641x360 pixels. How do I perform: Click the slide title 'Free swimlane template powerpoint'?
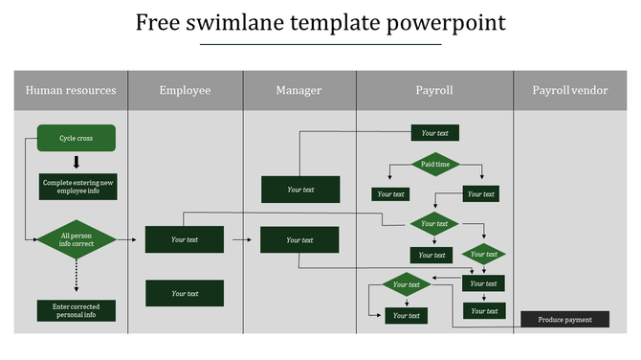click(320, 22)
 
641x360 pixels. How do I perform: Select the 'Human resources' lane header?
click(71, 90)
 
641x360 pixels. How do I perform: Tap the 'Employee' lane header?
click(185, 90)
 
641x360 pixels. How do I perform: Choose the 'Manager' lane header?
click(298, 90)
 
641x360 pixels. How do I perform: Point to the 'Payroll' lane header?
click(433, 90)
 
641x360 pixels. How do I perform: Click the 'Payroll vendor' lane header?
click(570, 90)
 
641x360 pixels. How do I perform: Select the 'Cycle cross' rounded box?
click(77, 138)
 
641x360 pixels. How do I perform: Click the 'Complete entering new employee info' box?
click(78, 187)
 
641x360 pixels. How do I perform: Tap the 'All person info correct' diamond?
click(77, 239)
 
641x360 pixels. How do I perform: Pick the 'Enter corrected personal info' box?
click(77, 311)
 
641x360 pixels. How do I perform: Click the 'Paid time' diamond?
click(435, 165)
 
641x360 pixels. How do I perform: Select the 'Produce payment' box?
click(564, 320)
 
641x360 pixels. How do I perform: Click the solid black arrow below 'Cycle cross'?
click(77, 162)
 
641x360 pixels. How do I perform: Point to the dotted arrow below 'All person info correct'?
click(77, 279)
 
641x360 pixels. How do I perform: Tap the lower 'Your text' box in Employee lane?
click(185, 293)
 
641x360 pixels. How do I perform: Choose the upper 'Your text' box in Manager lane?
click(300, 190)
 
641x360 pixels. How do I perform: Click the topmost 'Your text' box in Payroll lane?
click(435, 133)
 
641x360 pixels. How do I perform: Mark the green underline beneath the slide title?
click(320, 44)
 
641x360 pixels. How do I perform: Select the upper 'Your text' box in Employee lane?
click(185, 239)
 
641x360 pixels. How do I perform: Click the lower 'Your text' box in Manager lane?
click(299, 239)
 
